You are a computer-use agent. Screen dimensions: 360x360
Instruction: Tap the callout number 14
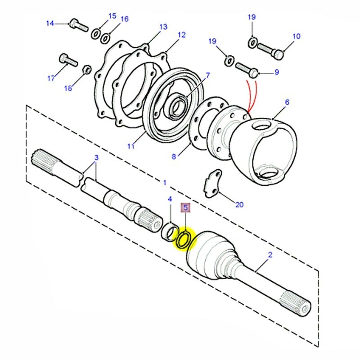pos(50,23)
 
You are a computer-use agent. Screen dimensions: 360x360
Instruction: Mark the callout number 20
pos(239,205)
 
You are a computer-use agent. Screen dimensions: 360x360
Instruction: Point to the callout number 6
pos(288,103)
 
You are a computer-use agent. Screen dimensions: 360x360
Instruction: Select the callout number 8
pos(175,156)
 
